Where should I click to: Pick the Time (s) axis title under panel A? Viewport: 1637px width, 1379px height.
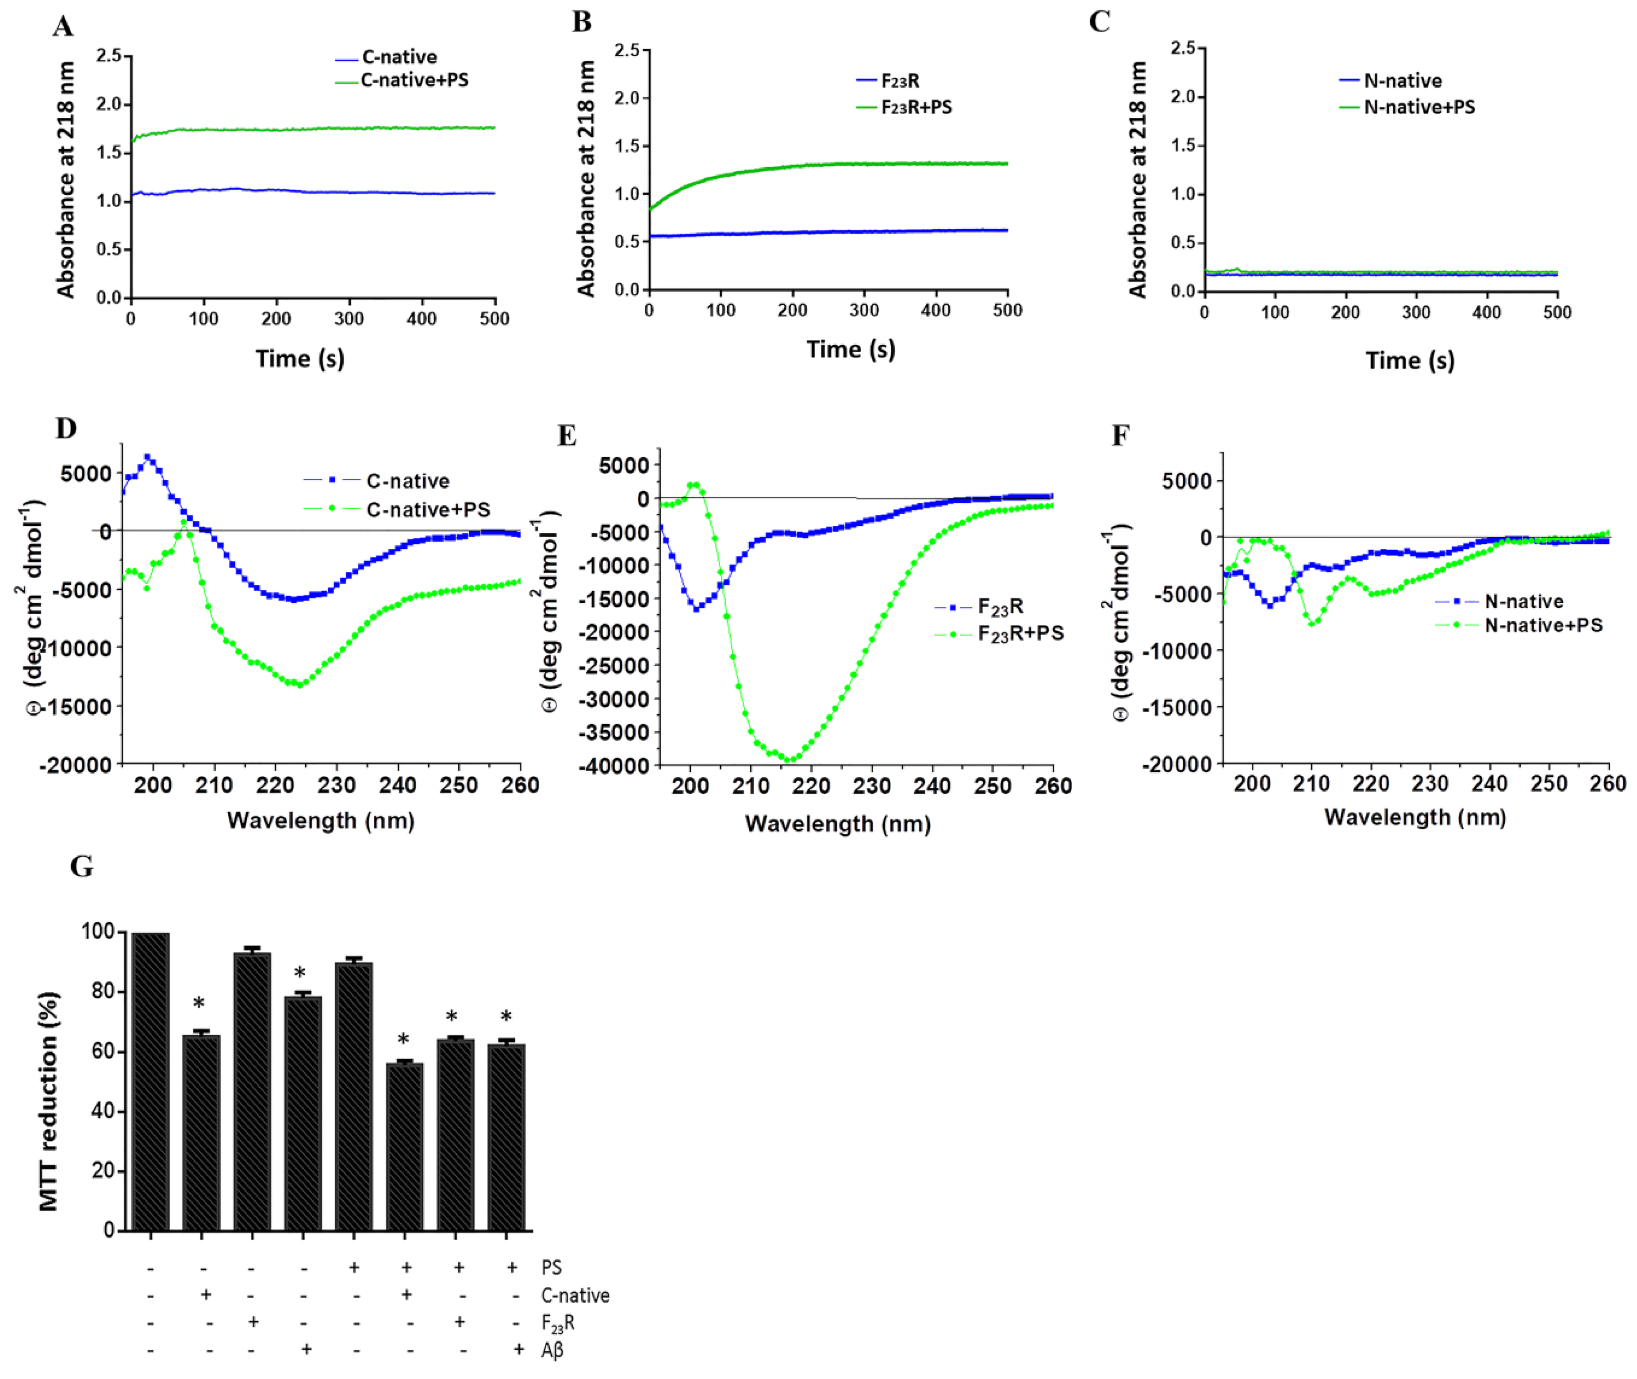(x=299, y=359)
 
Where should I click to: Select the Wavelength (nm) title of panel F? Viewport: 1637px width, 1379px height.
(x=1415, y=818)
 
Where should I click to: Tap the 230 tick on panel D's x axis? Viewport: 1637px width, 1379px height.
(x=336, y=786)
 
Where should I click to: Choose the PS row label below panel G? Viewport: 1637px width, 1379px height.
(x=551, y=1267)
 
